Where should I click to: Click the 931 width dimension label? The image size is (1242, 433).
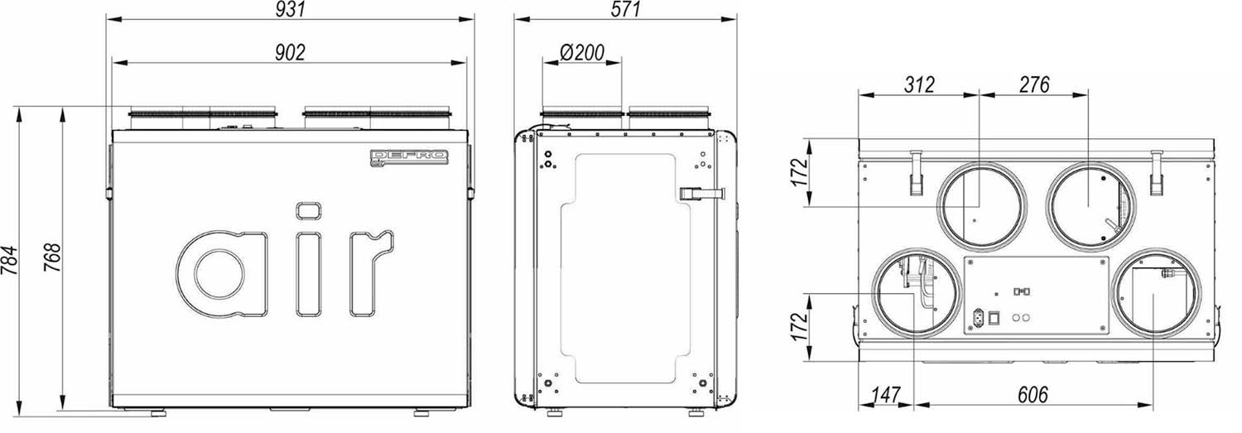click(x=291, y=9)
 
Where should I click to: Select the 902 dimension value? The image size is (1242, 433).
click(x=291, y=52)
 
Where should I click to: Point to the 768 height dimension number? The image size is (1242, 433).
click(x=52, y=257)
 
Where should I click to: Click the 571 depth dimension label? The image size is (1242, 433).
click(x=625, y=9)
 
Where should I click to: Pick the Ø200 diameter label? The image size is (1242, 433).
click(x=581, y=53)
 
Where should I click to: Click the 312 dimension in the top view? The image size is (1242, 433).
click(x=919, y=84)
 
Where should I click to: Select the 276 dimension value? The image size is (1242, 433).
click(x=1034, y=84)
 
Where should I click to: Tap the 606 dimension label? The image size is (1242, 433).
click(x=1033, y=395)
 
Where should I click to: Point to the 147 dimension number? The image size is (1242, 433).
click(x=885, y=395)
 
